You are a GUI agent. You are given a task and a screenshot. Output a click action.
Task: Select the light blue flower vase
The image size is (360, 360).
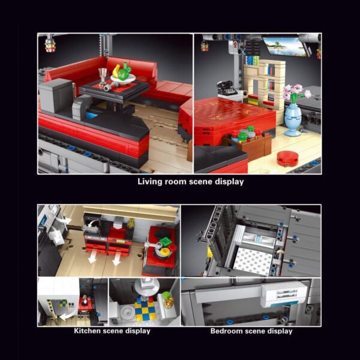pyautogui.click(x=292, y=119)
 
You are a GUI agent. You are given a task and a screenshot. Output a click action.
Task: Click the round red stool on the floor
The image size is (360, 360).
pyautogui.click(x=287, y=158)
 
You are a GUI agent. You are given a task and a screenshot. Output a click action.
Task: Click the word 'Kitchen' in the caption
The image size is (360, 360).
pyautogui.click(x=87, y=331)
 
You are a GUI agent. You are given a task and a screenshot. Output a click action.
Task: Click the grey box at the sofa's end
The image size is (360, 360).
pyautogui.click(x=56, y=95)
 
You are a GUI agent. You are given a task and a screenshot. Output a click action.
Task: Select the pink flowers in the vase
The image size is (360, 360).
pyautogui.click(x=296, y=92)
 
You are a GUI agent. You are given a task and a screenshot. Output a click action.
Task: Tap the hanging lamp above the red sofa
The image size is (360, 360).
pyautogui.click(x=50, y=45)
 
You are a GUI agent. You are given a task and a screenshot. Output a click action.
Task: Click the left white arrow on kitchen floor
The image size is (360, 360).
pyautogui.click(x=93, y=256)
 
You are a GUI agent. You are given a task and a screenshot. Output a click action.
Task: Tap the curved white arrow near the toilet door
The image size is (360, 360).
pyautogui.click(x=66, y=316)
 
